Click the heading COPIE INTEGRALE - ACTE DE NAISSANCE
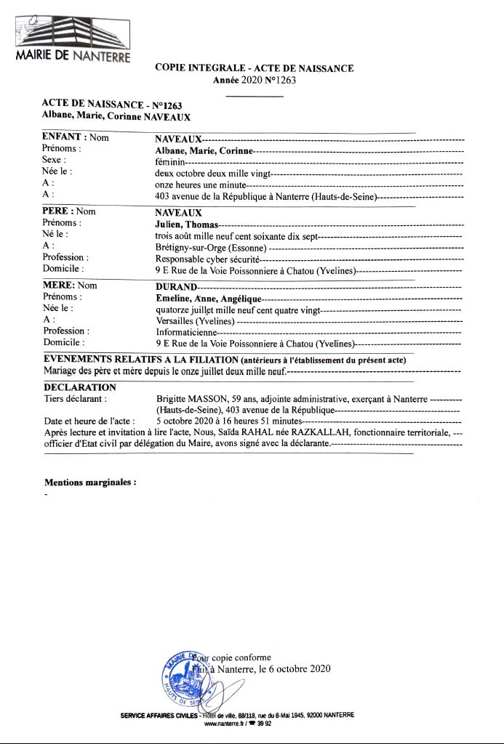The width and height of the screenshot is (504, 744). (x=254, y=68)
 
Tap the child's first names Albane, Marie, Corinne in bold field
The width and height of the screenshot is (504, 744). (x=204, y=150)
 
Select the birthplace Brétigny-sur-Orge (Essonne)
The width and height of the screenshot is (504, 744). (x=206, y=248)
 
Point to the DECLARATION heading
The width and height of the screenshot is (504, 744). (x=79, y=387)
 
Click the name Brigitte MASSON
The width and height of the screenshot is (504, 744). (x=191, y=399)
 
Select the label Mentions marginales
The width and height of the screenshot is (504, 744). (x=90, y=482)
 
